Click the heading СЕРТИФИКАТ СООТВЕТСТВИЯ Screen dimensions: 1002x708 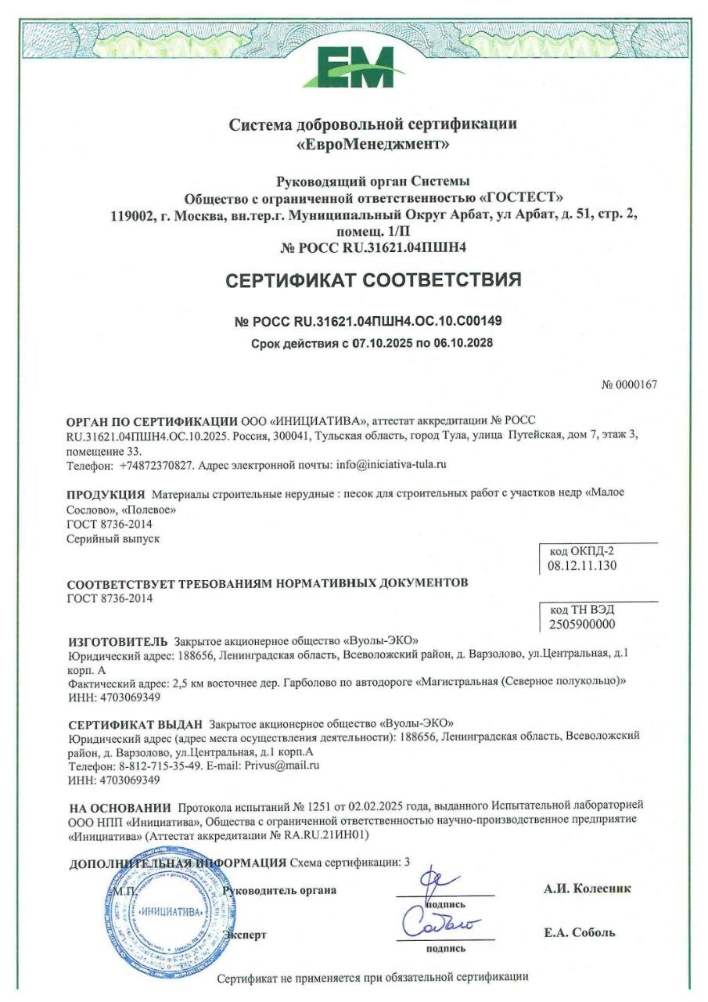pos(373,280)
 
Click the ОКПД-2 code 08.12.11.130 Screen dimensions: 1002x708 pos(583,564)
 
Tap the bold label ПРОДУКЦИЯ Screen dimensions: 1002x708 pos(106,494)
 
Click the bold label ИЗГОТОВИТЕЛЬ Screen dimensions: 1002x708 pos(118,640)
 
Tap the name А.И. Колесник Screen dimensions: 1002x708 pos(588,888)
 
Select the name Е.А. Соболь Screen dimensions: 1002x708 pos(580,932)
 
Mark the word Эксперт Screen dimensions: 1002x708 pos(245,935)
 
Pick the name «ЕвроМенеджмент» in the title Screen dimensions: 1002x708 pos(373,144)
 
